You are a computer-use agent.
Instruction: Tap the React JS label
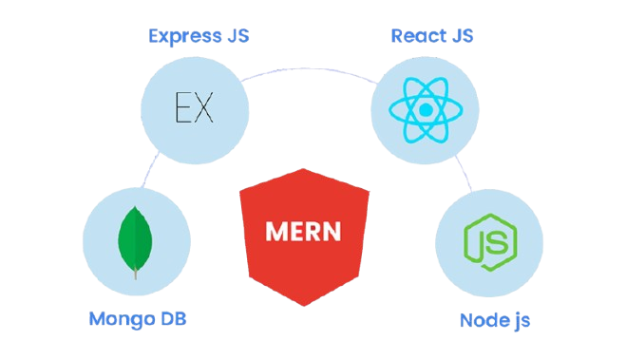pyautogui.click(x=432, y=37)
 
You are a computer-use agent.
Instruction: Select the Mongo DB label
pyautogui.click(x=137, y=317)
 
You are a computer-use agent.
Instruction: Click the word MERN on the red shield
pyautogui.click(x=303, y=231)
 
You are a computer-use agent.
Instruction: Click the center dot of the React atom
pyautogui.click(x=424, y=109)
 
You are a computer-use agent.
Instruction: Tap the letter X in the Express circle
pyautogui.click(x=206, y=106)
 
